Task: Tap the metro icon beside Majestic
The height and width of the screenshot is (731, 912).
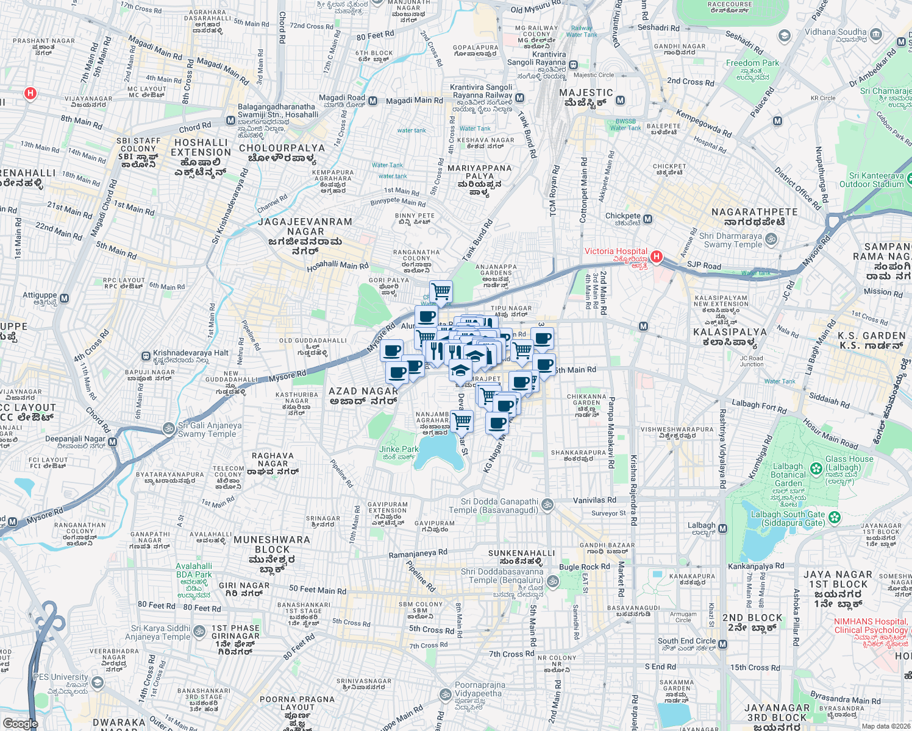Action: pos(620,101)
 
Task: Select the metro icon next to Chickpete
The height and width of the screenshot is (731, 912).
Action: pos(647,219)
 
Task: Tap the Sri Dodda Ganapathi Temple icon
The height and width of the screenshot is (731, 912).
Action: pos(547,504)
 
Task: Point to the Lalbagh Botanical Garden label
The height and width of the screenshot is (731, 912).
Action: pos(788,475)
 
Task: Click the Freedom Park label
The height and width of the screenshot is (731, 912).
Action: pos(752,63)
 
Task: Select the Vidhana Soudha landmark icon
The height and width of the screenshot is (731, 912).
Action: pos(876,35)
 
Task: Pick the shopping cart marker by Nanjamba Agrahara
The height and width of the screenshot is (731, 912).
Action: pos(462,420)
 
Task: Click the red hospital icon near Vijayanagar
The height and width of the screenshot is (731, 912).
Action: pos(30,93)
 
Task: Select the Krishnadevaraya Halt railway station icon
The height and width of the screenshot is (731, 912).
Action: pos(146,356)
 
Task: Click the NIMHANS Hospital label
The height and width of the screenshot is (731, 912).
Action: pos(871,626)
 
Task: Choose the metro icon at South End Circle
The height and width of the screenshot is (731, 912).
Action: pos(722,644)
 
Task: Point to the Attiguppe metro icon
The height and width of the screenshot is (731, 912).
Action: pos(65,298)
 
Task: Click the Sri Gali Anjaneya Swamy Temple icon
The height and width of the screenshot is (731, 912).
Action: pos(169,429)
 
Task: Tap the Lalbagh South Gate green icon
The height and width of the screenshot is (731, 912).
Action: pos(835,518)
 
